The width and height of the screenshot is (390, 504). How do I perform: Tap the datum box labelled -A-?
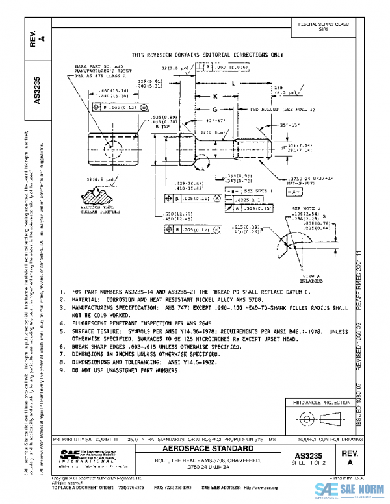(292, 192)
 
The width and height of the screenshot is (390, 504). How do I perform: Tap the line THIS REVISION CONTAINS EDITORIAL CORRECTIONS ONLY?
(207, 55)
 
